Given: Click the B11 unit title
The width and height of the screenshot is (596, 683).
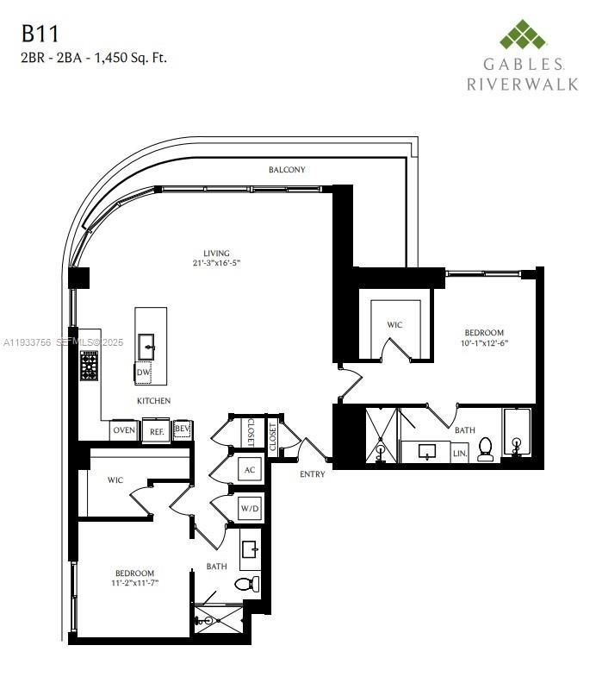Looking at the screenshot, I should coord(41,34).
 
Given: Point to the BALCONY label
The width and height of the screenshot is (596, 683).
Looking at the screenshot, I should coord(287,170).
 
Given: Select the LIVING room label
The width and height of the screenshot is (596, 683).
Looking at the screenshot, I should coord(204,254).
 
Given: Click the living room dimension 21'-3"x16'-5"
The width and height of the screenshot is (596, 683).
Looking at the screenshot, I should coord(204,265).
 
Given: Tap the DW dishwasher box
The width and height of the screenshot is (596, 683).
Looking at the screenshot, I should coord(143,373).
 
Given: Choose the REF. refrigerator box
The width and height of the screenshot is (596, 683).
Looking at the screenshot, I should coord(156,430).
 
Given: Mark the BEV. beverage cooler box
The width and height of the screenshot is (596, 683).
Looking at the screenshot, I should coord(182,429).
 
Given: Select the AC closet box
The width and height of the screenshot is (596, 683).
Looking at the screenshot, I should coord(250,470).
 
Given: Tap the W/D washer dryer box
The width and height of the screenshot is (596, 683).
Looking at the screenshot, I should coord(250,508).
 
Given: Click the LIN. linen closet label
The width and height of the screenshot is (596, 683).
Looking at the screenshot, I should coord(460,452).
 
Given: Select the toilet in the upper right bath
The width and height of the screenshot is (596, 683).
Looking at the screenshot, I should coord(486,449).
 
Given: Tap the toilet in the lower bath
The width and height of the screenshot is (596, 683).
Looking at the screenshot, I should coord(246,584).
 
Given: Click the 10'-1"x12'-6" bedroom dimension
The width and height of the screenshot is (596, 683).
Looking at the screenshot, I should coord(484,343).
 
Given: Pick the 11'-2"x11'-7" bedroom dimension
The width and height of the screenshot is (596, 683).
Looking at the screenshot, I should coord(135,584).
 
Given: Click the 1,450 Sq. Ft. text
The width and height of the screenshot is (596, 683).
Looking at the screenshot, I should coord(132,58).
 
